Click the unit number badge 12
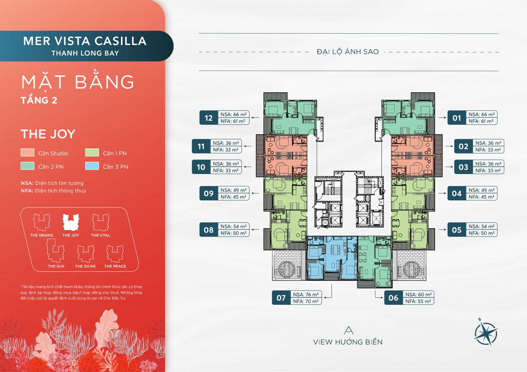click(x=209, y=118)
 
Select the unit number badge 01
click(x=457, y=118)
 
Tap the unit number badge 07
click(x=281, y=298)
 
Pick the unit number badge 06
click(x=393, y=298)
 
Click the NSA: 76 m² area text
click(x=306, y=294)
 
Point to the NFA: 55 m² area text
click(x=418, y=301)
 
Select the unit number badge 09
click(x=209, y=193)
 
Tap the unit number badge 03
click(x=463, y=167)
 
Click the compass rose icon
click(x=485, y=333)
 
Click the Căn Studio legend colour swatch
click(x=27, y=153)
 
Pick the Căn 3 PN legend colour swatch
click(x=92, y=166)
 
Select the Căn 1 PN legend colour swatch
click(x=92, y=153)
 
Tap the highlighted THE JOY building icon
click(x=71, y=222)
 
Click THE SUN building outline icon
click(x=55, y=250)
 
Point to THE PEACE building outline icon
click(x=115, y=254)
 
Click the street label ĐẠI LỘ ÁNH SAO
click(x=348, y=52)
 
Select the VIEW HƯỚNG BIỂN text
click(x=348, y=342)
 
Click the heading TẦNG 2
click(x=39, y=100)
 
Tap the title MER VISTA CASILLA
click(x=85, y=41)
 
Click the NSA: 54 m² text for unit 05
click(x=481, y=226)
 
